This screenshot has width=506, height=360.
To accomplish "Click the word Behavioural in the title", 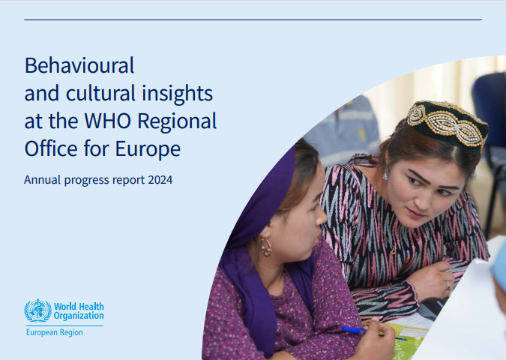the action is [79, 65].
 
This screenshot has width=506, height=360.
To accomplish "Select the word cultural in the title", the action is [100, 93].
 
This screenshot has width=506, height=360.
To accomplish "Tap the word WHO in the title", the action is [108, 121].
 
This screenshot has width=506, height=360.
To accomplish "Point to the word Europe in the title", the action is [148, 150].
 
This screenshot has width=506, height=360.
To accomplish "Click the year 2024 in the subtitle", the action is [160, 180].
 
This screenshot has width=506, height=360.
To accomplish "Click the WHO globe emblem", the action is [37, 310].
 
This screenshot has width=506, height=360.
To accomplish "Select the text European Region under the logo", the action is [55, 332].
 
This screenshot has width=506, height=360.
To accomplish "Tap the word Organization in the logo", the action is [79, 316].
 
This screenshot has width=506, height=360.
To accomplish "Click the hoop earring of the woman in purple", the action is [266, 247].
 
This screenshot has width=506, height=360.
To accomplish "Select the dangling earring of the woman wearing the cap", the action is [385, 173].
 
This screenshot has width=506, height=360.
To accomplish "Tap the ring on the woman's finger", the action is [448, 286].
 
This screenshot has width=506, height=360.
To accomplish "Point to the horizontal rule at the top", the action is [253, 20].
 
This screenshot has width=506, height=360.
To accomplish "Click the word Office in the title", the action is [51, 148].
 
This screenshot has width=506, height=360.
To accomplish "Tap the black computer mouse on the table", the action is [433, 307].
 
